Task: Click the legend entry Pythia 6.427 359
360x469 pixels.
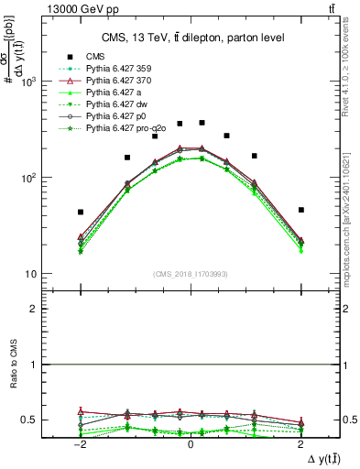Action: (115, 69)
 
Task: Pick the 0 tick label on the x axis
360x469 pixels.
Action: (191, 443)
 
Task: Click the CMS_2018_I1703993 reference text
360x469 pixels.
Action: (191, 275)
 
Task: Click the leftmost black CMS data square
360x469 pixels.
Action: (81, 212)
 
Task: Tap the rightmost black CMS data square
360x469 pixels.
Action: (300, 210)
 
